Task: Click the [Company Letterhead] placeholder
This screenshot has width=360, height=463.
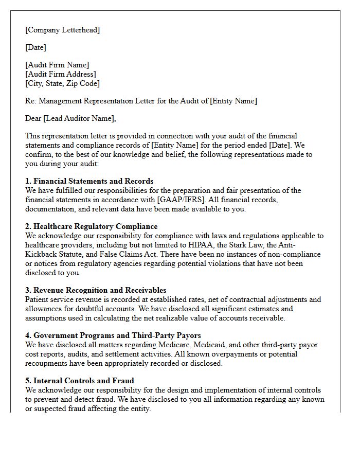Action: [63, 30]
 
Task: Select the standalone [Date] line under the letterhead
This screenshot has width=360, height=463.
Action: [35, 47]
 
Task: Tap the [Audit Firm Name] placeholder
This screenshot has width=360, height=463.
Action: [57, 65]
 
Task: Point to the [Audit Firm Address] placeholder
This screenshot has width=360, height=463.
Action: [61, 74]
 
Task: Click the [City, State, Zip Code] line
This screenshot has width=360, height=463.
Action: [62, 83]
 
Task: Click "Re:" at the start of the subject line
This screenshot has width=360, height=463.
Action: [31, 101]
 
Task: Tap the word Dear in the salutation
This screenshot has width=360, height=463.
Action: [33, 118]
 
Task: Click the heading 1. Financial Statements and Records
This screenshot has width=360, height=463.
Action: [89, 181]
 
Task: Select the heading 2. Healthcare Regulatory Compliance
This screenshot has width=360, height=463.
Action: [92, 226]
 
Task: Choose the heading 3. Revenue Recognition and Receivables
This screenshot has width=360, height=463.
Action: [96, 290]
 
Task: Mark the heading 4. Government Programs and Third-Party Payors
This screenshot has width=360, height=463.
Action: [113, 335]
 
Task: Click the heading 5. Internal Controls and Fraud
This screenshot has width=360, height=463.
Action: [80, 381]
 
